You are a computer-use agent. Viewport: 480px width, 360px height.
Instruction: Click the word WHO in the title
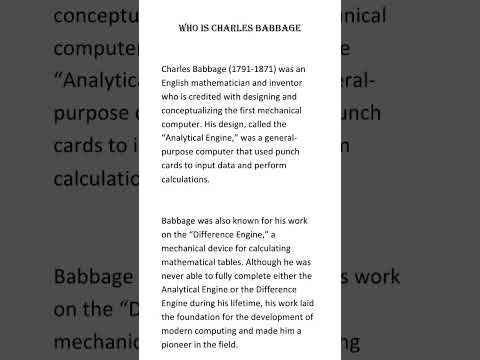click(x=187, y=27)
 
